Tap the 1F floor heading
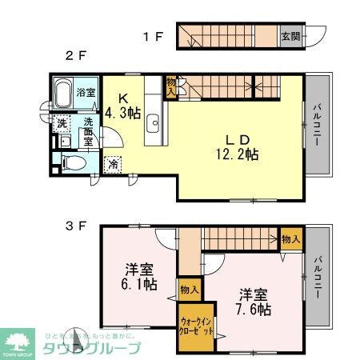pyautogui.click(x=153, y=36)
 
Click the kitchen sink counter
pyautogui.click(x=154, y=124)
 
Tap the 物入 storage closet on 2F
pyautogui.click(x=170, y=87)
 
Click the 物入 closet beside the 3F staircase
pyautogui.click(x=290, y=239)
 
